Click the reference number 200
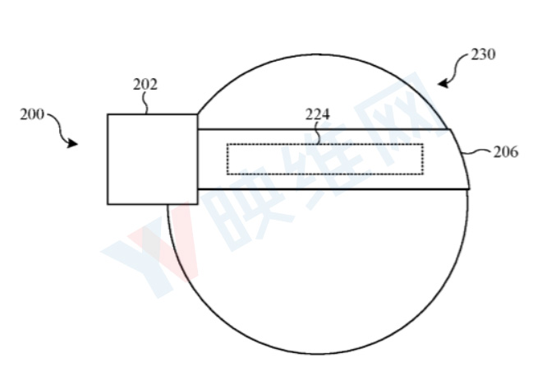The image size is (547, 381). tap(32, 114)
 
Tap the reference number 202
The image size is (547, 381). tap(145, 84)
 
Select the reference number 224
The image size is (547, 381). tap(318, 114)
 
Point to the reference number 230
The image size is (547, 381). tap(483, 54)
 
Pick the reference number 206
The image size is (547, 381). tap(506, 152)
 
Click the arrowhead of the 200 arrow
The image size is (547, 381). tap(72, 143)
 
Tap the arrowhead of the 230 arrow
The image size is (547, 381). tap(444, 84)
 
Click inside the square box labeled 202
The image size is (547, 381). tap(153, 159)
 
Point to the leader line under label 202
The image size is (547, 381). tap(145, 103)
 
